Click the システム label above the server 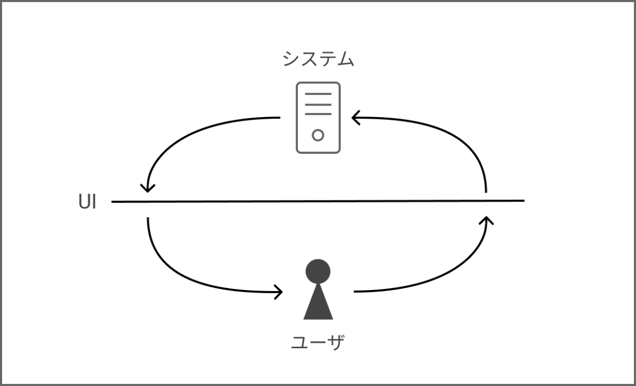point(318,59)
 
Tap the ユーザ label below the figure point(318,343)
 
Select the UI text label point(87,202)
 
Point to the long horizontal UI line point(318,201)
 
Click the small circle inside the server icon point(318,135)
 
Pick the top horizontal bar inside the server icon point(318,94)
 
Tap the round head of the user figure point(318,271)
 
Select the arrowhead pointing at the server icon point(355,118)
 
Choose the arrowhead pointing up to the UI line point(486,219)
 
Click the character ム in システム point(345,59)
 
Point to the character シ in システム point(291,59)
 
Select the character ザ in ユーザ point(336,343)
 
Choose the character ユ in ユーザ point(300,343)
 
